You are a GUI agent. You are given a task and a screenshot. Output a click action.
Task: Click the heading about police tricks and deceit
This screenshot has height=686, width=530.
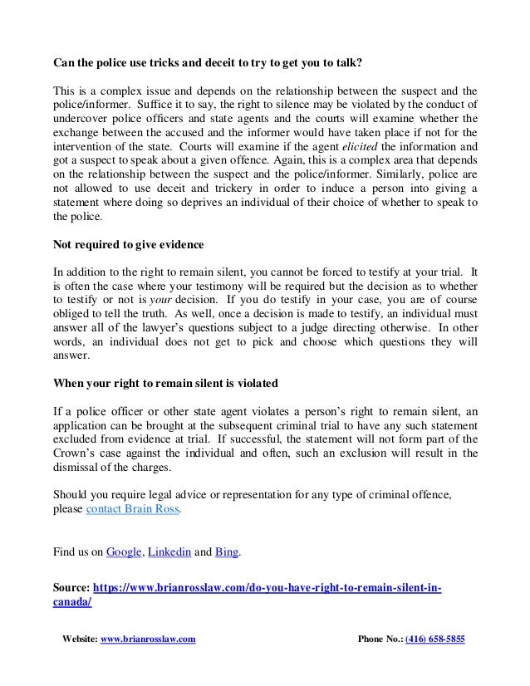pyautogui.click(x=208, y=63)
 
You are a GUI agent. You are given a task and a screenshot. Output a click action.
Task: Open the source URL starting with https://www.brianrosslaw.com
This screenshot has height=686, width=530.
pyautogui.click(x=266, y=588)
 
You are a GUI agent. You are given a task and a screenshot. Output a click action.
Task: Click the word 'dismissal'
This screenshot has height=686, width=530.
pyautogui.click(x=80, y=468)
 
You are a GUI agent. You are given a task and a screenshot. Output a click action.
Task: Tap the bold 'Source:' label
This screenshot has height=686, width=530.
pyautogui.click(x=71, y=588)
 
